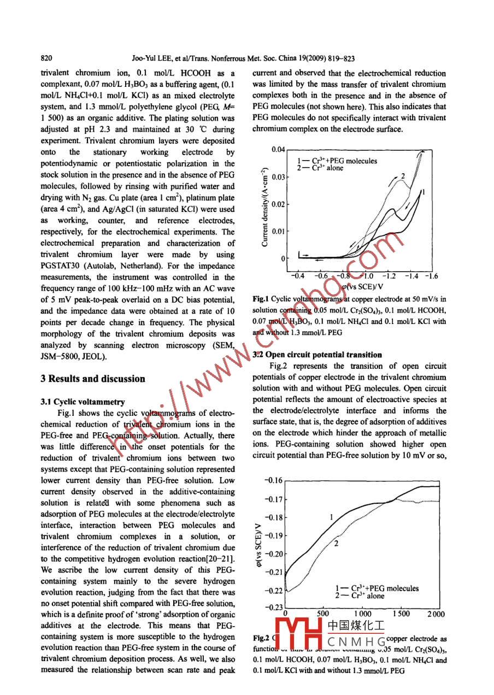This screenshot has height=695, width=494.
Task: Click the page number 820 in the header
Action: (46, 58)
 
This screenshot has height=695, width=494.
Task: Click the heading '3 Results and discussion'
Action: (93, 379)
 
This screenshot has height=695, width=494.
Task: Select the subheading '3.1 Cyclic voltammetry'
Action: (83, 402)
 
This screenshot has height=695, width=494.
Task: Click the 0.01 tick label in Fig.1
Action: (278, 231)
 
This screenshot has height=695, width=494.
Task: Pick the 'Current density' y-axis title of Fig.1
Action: (265, 207)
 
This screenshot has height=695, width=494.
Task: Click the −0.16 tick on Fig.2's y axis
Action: (273, 480)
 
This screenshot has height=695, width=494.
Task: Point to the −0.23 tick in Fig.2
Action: (273, 607)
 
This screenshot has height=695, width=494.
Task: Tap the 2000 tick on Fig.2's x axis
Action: (436, 614)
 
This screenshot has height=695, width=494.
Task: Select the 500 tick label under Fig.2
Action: (323, 614)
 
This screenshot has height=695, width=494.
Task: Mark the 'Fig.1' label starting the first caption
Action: (261, 299)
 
